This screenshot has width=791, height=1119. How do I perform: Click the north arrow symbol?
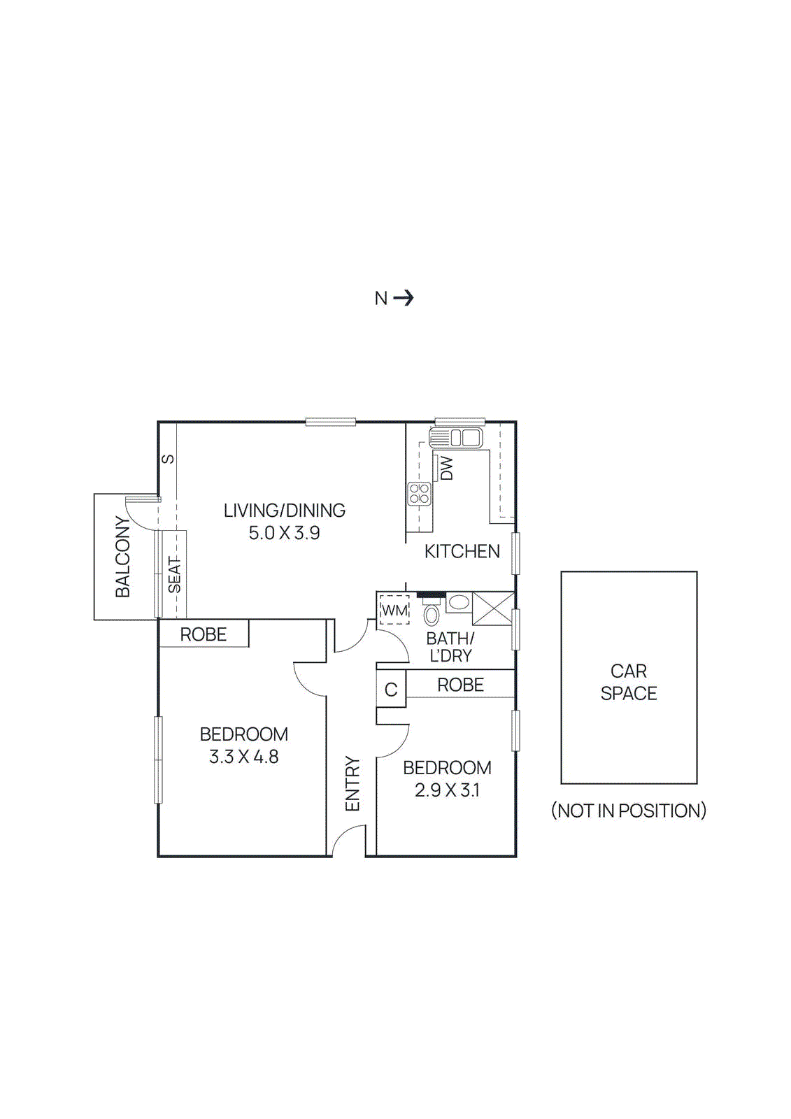[x=403, y=299]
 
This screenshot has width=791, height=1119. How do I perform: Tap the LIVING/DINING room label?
[x=284, y=511]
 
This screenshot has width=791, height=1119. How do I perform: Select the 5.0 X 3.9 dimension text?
[x=284, y=533]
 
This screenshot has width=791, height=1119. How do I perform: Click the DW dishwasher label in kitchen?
[x=446, y=468]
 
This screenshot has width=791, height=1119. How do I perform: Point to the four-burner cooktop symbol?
[x=420, y=494]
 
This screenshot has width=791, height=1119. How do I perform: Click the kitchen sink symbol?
[x=456, y=439]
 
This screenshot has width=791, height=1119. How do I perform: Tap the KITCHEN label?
[x=462, y=551]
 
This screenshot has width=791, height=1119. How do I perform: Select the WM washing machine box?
[x=394, y=610]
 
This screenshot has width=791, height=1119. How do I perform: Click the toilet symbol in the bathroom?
[x=432, y=613]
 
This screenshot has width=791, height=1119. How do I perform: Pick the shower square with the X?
[x=493, y=608]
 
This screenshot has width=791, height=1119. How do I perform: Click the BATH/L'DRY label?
[x=450, y=647]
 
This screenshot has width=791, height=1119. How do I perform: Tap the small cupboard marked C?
[x=391, y=690]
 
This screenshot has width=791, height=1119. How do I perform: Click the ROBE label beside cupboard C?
[x=460, y=685]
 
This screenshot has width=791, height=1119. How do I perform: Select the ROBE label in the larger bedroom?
[x=203, y=634]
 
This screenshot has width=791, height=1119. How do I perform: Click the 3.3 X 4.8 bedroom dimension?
[x=243, y=757]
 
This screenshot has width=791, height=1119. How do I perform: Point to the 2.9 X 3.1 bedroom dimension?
[x=447, y=790]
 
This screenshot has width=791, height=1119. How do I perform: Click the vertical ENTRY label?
[x=352, y=783]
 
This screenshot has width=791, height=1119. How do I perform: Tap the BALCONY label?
[x=123, y=557]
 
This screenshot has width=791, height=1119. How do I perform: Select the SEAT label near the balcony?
[x=174, y=575]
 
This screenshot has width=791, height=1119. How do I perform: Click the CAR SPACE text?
[x=628, y=682]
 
